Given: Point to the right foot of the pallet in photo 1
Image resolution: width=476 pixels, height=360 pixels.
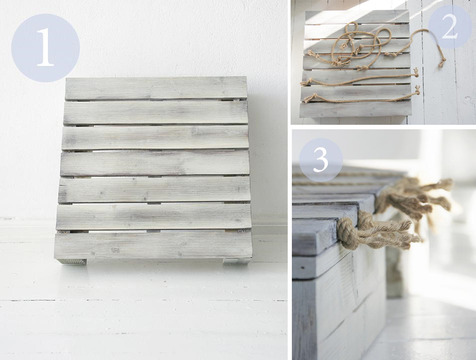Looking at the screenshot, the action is [236, 260].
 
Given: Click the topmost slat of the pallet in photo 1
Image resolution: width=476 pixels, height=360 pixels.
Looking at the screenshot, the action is [156, 89].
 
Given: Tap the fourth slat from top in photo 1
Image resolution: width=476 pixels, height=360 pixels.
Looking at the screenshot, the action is [155, 164].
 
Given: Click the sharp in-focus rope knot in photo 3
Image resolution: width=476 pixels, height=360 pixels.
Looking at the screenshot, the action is [349, 232].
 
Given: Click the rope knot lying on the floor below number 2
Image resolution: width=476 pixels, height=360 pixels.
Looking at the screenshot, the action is [442, 63].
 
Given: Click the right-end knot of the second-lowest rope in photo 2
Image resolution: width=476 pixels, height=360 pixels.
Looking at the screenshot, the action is [416, 73].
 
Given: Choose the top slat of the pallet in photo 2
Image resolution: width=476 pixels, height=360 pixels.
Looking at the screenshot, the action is [357, 17].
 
